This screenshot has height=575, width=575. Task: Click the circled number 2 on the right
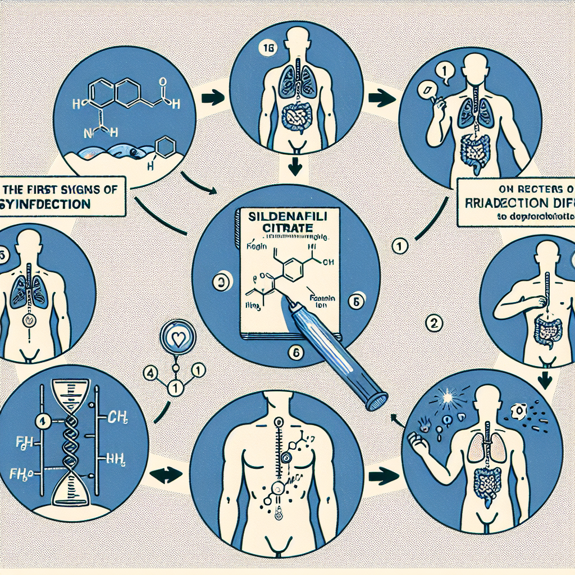[x=436, y=323]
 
